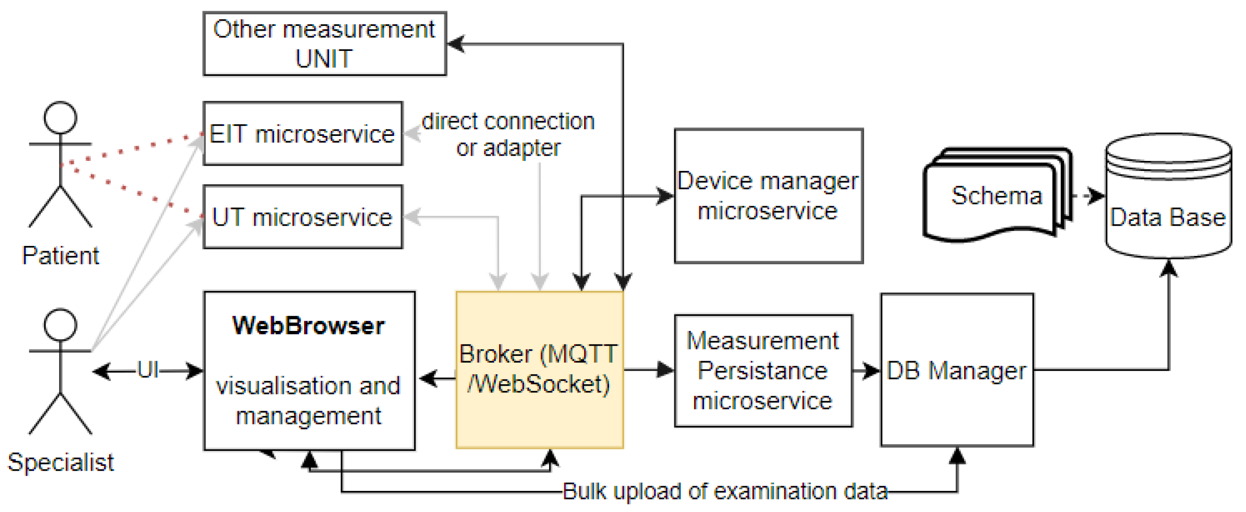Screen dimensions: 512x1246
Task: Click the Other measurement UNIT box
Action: [x=324, y=44]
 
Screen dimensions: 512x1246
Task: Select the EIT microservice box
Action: [x=303, y=134]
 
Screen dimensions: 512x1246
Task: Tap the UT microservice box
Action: [x=303, y=217]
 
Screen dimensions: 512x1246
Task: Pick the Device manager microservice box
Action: [x=768, y=195]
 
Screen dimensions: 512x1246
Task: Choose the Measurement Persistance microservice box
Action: [x=763, y=371]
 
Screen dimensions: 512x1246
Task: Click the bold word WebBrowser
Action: [x=308, y=325]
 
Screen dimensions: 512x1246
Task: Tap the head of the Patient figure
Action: [x=60, y=118]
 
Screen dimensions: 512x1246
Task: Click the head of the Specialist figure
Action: [x=60, y=324]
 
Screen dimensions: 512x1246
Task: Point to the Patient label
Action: [x=61, y=255]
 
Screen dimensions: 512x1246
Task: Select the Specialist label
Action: [x=61, y=462]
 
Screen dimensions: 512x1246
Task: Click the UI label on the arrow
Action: [x=147, y=370]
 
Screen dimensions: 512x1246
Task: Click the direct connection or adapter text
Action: [x=508, y=134]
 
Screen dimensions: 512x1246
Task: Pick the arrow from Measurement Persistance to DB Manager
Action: [x=866, y=371]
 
